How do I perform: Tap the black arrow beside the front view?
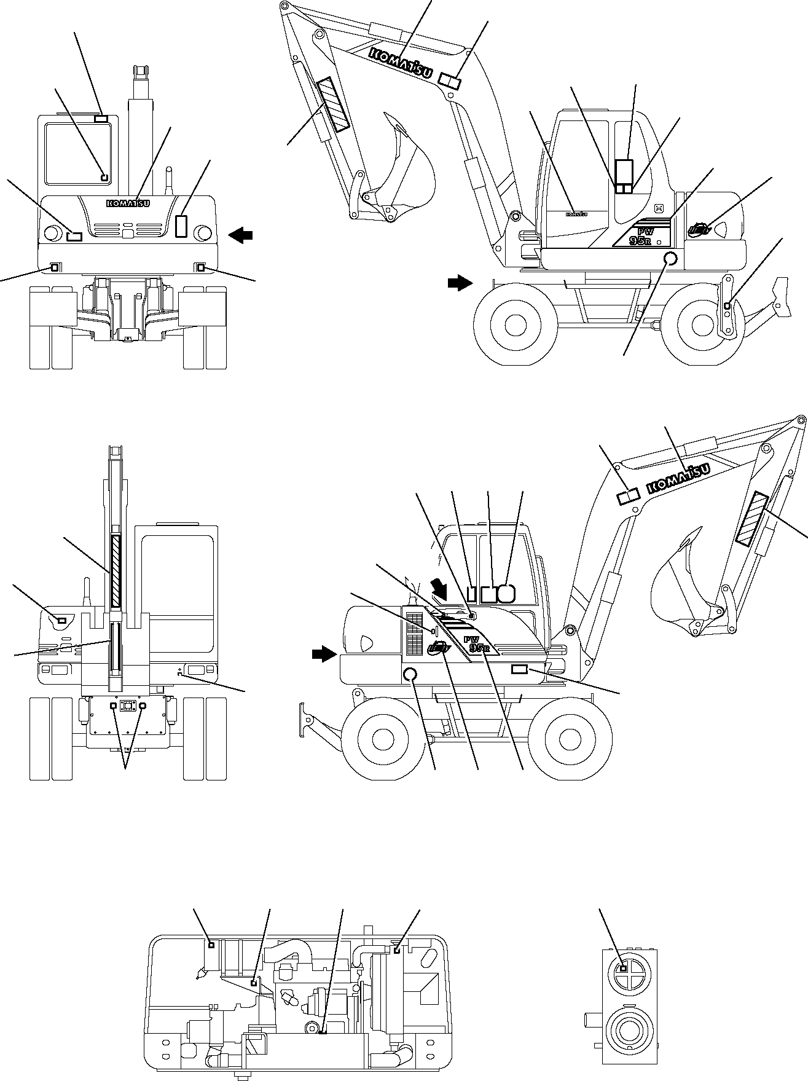[x=240, y=234]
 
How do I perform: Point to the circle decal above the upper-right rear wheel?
[x=671, y=259]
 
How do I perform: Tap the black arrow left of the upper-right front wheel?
[x=460, y=283]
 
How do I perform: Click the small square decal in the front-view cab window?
[x=104, y=178]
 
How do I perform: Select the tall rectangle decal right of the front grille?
[x=181, y=226]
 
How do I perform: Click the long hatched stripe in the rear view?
[x=116, y=572]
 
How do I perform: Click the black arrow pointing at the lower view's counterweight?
[x=324, y=655]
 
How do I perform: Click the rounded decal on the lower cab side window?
[x=506, y=593]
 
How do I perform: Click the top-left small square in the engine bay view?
[x=211, y=945]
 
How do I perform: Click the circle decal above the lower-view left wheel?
[x=410, y=675]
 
